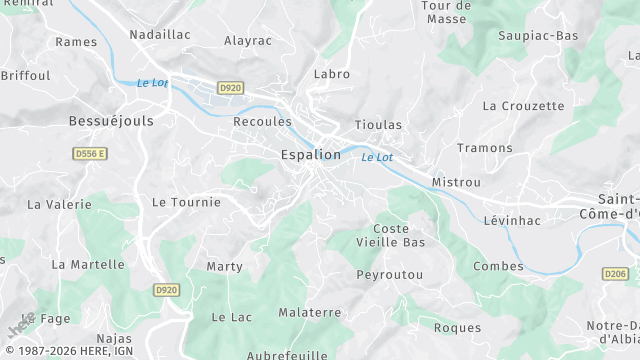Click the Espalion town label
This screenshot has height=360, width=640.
[310, 155]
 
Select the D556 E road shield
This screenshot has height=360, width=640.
[90, 153]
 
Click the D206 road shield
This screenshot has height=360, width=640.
[616, 273]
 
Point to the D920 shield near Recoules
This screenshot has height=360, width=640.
[230, 88]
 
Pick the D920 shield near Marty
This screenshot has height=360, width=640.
[166, 290]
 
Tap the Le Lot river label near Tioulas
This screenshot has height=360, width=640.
[377, 157]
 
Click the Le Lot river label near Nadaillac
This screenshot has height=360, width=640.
[152, 83]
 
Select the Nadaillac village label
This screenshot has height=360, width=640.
[160, 34]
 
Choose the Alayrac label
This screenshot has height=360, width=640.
[248, 41]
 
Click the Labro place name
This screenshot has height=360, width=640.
[332, 74]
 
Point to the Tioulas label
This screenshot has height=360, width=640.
[378, 125]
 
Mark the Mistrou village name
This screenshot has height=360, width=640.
[456, 183]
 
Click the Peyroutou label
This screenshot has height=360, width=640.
[390, 274]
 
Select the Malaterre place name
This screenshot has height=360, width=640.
[310, 312]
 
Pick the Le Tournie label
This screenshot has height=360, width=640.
[186, 202]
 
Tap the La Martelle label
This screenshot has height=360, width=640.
[88, 265]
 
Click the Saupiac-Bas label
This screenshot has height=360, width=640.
[539, 36]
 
